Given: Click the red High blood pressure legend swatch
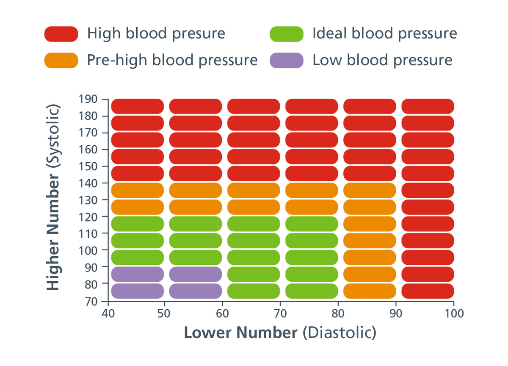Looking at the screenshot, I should pos(61,34).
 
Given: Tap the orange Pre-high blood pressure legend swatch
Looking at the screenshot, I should pos(61,61).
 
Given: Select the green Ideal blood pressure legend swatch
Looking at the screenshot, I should pos(287,34).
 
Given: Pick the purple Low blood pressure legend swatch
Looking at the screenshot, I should pos(287,61).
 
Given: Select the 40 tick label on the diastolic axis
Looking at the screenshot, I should pos(109,313).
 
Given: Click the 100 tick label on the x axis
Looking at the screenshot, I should pos(454,313).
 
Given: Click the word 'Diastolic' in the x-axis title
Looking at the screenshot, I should pos(339,333).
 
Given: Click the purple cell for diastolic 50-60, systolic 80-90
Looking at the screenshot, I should pos(196,274).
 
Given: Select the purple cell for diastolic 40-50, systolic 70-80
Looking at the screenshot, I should pos(137,291).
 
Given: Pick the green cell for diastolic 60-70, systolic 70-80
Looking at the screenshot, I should pos(254,291).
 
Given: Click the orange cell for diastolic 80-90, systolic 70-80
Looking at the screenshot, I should pos(370,291).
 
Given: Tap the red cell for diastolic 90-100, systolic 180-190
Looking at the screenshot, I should pos(428,106).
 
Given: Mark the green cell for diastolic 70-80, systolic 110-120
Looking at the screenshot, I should pos(312,224).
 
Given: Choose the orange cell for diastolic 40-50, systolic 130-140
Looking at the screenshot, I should pos(137,190).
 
